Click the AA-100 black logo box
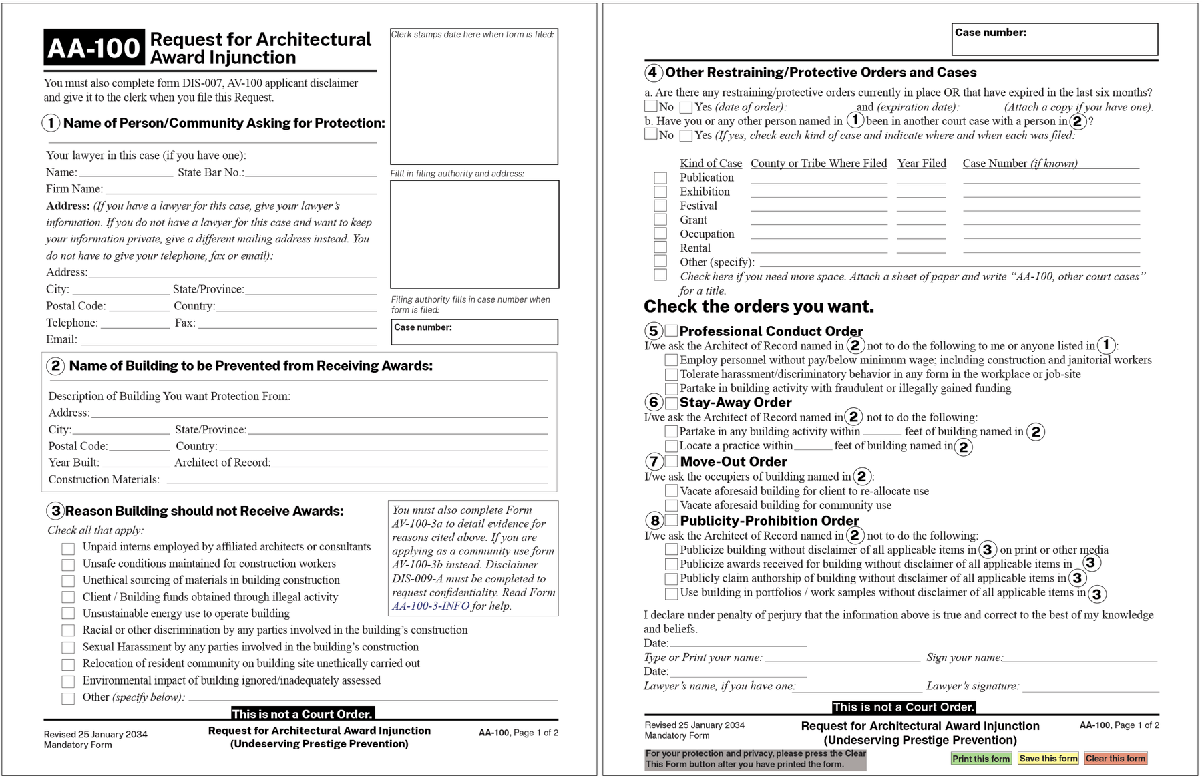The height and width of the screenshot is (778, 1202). point(94,47)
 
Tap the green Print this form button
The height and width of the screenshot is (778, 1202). point(980,759)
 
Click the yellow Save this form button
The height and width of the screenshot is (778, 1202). point(1048,759)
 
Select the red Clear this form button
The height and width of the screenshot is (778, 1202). point(1115,759)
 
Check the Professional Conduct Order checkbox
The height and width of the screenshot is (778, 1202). point(672,331)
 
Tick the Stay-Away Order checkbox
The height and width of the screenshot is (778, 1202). point(672,402)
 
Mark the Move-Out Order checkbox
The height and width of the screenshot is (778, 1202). point(672,461)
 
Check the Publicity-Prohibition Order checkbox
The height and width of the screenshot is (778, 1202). point(672,520)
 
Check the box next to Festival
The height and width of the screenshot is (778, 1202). point(660,206)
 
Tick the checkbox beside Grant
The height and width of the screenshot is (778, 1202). point(660,220)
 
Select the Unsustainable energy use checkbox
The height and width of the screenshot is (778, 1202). point(68,614)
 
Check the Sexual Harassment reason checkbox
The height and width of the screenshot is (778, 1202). point(68,647)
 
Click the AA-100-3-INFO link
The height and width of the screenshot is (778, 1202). point(430,606)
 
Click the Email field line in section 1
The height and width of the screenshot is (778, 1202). point(227,340)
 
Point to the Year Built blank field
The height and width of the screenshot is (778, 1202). point(136,463)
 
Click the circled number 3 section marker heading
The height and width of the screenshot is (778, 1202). point(55,511)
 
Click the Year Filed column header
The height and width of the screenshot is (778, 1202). point(922,164)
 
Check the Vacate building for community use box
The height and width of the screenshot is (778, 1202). point(672,506)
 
